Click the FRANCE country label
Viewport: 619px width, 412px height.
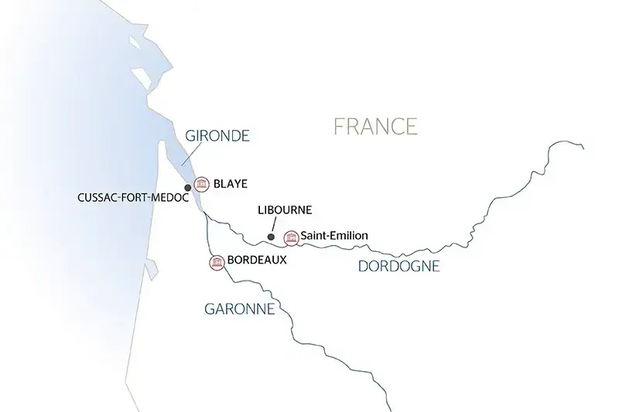(375, 126)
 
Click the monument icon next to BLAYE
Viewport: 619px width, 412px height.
(203, 184)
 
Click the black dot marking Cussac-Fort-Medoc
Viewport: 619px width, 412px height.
(188, 187)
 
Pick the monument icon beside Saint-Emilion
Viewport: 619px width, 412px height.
(292, 237)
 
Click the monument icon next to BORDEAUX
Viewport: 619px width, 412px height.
(217, 262)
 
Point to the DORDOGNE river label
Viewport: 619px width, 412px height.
(398, 267)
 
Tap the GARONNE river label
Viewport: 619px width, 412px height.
(240, 309)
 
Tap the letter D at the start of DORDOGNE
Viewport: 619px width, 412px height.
(363, 267)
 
